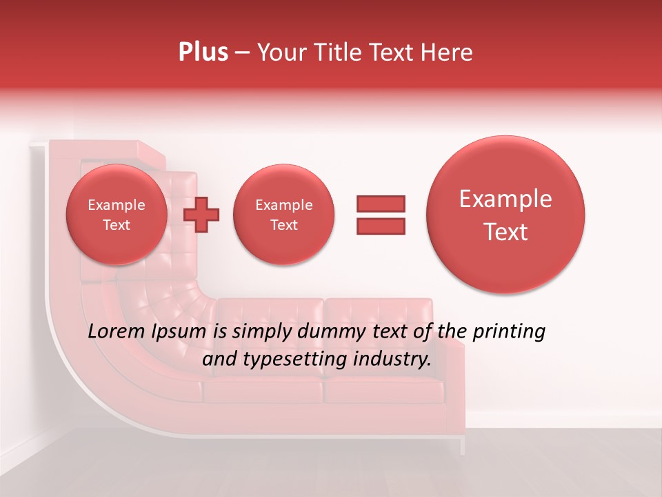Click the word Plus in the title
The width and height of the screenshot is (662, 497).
203,52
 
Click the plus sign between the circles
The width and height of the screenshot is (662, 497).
201,214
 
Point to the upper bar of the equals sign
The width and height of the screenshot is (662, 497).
381,204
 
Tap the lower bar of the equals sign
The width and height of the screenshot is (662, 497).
381,226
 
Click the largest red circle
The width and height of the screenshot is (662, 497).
505,214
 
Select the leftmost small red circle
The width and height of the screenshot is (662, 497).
116,214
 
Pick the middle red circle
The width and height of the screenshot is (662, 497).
283,214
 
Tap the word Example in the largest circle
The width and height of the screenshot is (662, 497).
505,199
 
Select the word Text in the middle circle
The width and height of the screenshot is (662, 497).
283,225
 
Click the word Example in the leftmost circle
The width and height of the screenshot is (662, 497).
116,205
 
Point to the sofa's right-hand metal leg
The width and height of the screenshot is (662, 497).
463,445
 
